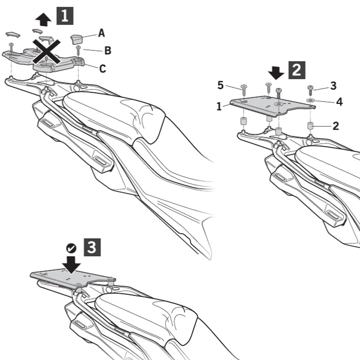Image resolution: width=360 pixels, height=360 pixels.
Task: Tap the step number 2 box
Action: (x=297, y=69)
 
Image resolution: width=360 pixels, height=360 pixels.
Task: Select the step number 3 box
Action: (x=92, y=247)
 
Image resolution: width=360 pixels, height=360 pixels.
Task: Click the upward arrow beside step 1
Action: (x=44, y=19)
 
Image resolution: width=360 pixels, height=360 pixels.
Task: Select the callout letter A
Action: (x=102, y=32)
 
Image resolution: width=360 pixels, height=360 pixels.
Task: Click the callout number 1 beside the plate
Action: (x=219, y=106)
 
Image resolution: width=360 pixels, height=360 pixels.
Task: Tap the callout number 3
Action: (x=333, y=85)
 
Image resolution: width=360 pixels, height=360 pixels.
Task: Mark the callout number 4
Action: (x=339, y=102)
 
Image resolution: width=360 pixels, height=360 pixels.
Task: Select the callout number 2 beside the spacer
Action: (x=335, y=126)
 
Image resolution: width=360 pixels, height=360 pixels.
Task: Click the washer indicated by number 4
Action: (x=310, y=100)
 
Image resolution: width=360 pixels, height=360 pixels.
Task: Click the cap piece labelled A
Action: (x=77, y=38)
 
